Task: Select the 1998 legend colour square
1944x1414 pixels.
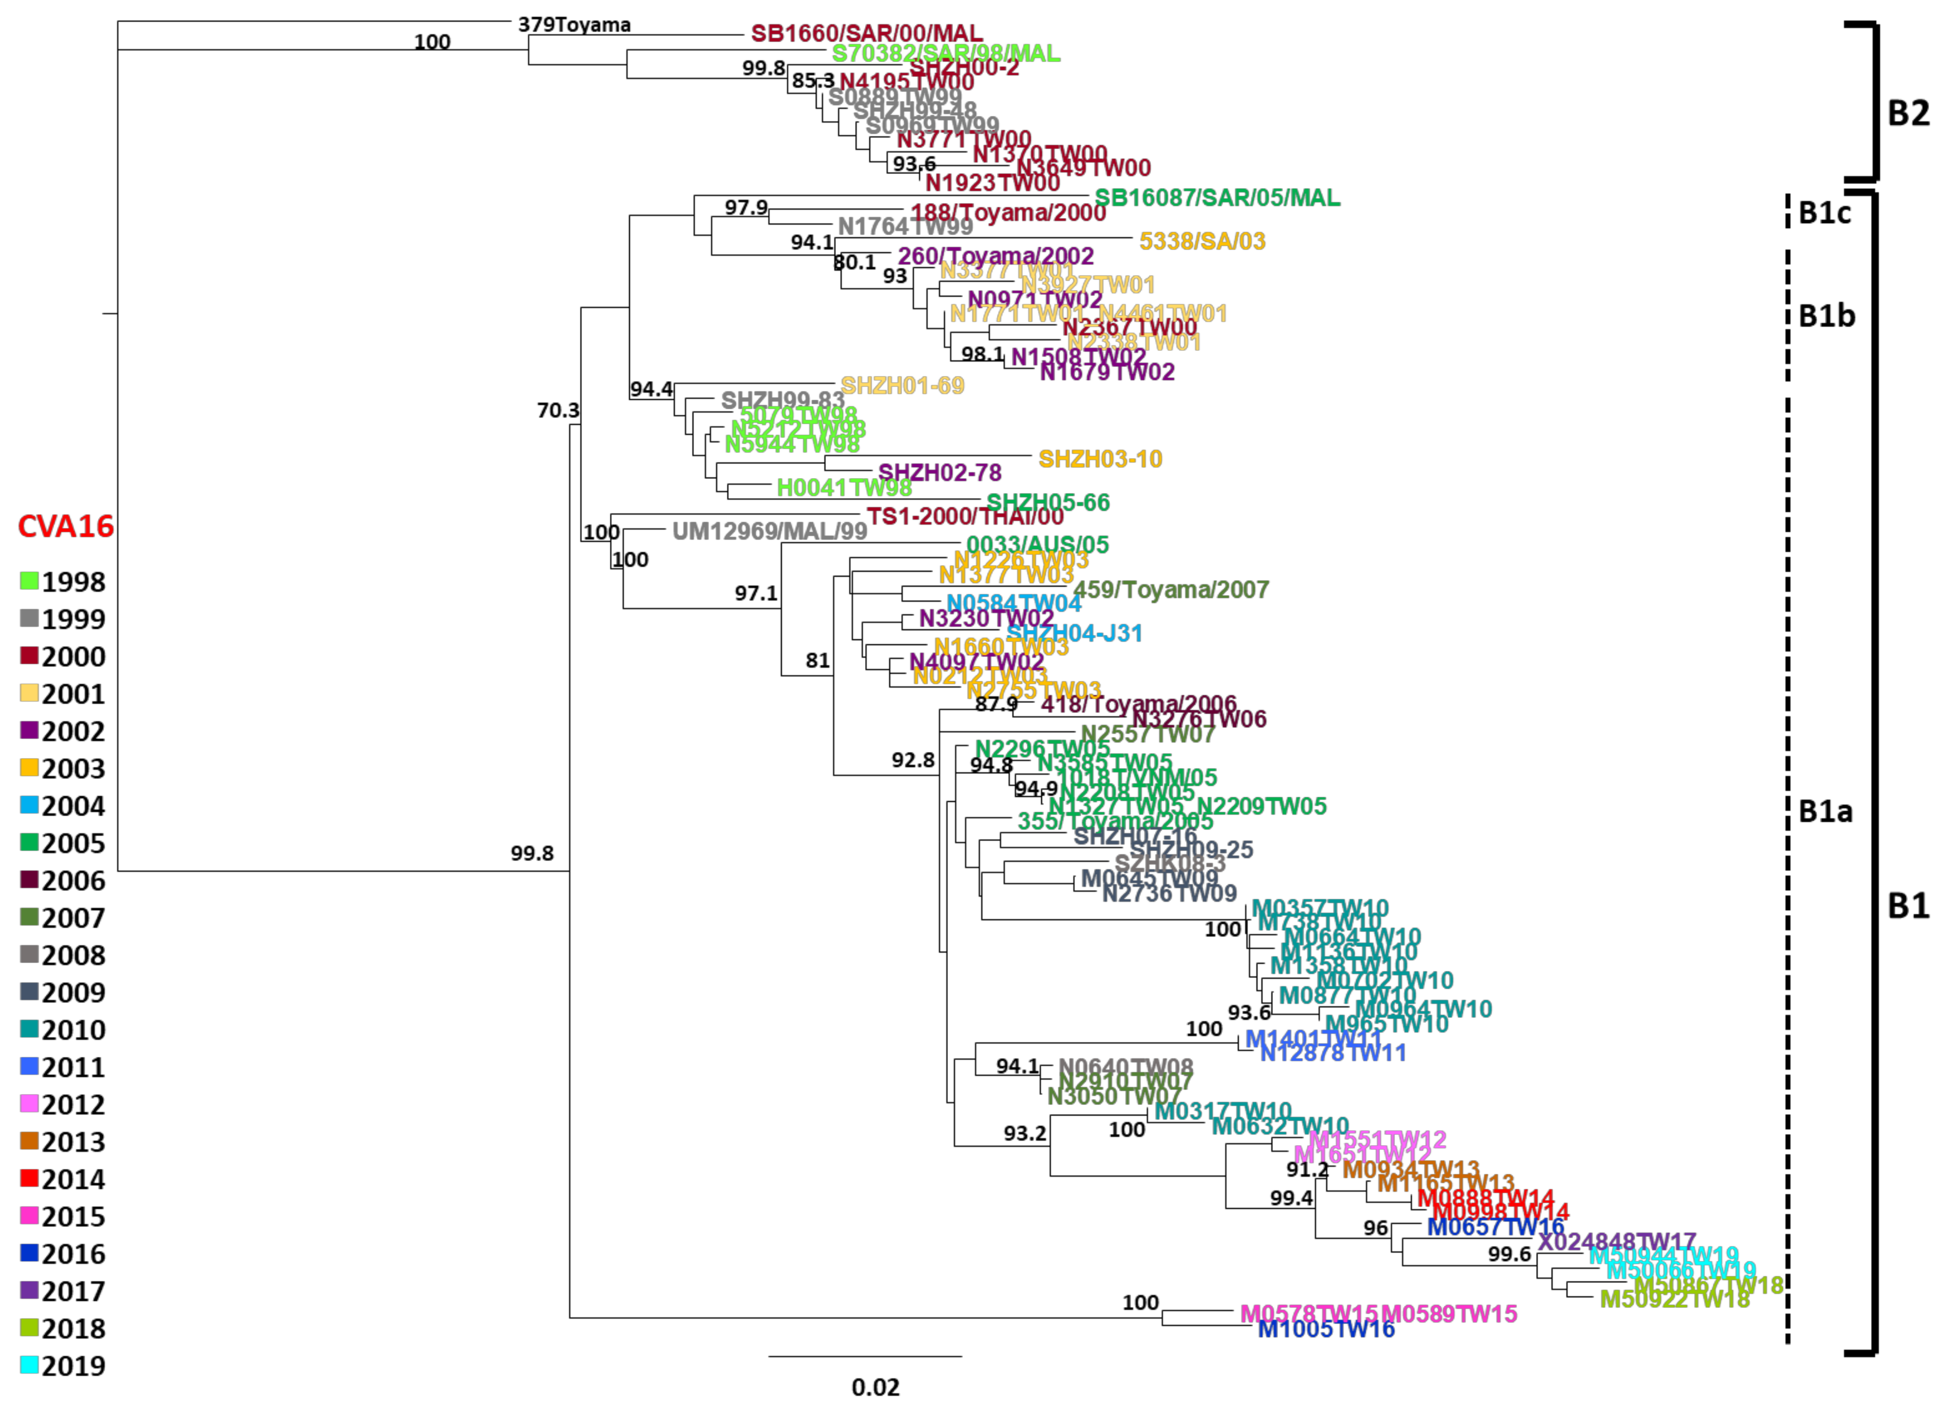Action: tap(29, 581)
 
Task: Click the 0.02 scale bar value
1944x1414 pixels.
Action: tap(875, 1386)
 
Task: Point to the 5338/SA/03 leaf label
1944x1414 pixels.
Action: tap(1202, 241)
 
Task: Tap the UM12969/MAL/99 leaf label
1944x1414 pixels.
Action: tap(769, 531)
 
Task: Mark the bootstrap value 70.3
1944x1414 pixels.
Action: tap(558, 411)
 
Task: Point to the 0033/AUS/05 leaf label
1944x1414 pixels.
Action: tap(1037, 545)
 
